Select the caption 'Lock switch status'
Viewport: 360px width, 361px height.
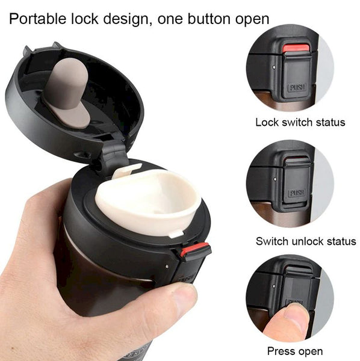click(x=300, y=122)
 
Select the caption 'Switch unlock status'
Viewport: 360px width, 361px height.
click(x=306, y=241)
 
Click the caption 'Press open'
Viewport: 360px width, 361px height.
click(x=295, y=351)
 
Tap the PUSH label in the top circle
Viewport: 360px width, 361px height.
click(x=297, y=86)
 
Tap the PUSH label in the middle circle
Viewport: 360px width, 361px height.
click(x=296, y=194)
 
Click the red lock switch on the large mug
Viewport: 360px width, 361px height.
click(x=195, y=249)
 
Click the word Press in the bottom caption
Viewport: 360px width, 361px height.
click(x=280, y=351)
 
